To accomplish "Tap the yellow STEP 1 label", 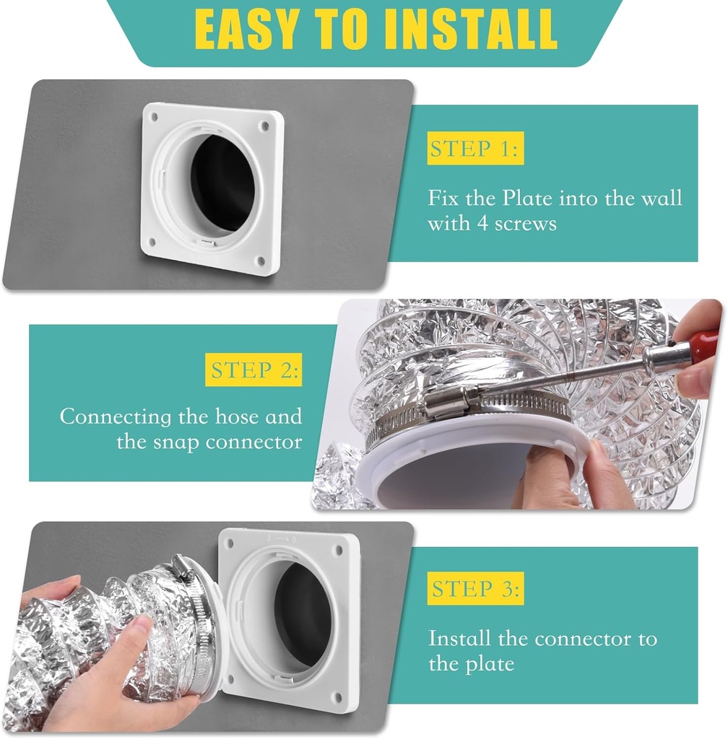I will coord(474,150).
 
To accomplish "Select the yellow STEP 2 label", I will coord(253,371).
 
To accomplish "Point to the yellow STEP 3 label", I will coord(475,589).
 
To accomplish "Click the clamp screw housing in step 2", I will coord(448,401).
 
